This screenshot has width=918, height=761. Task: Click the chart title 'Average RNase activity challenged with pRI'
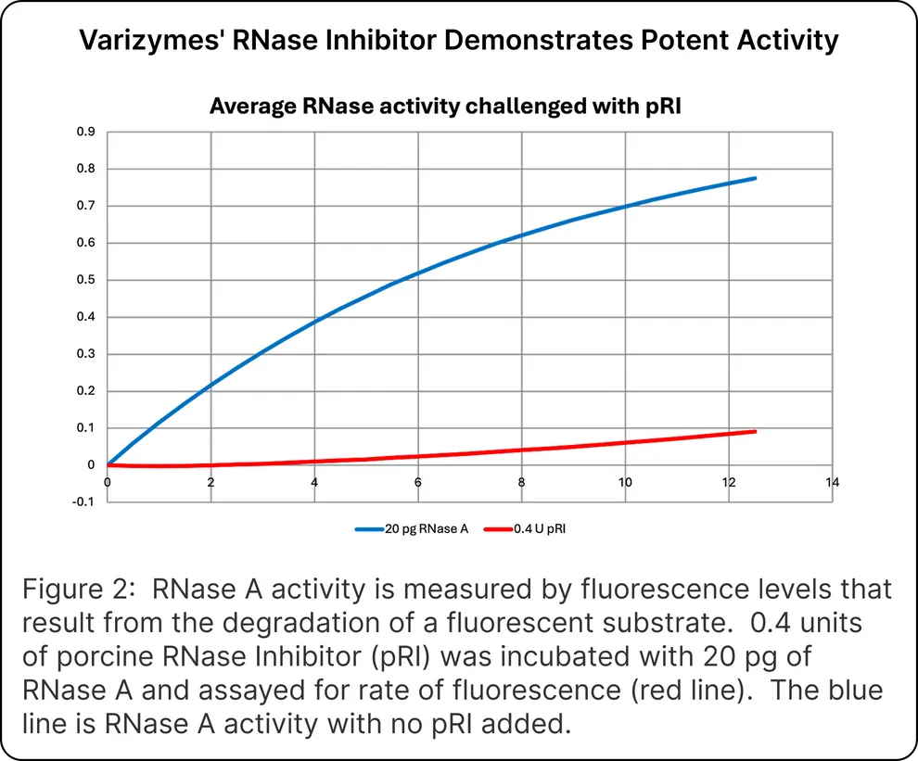(445, 106)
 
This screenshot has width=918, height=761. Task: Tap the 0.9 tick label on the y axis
(85, 132)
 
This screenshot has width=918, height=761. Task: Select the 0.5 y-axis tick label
(85, 280)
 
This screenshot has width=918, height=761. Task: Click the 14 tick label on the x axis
(832, 482)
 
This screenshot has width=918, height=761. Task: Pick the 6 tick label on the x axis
(418, 482)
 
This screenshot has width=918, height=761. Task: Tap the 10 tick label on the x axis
(625, 482)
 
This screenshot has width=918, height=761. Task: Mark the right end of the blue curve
(756, 178)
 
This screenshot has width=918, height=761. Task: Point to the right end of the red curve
(756, 431)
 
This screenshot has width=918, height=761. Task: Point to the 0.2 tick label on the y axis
(85, 391)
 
